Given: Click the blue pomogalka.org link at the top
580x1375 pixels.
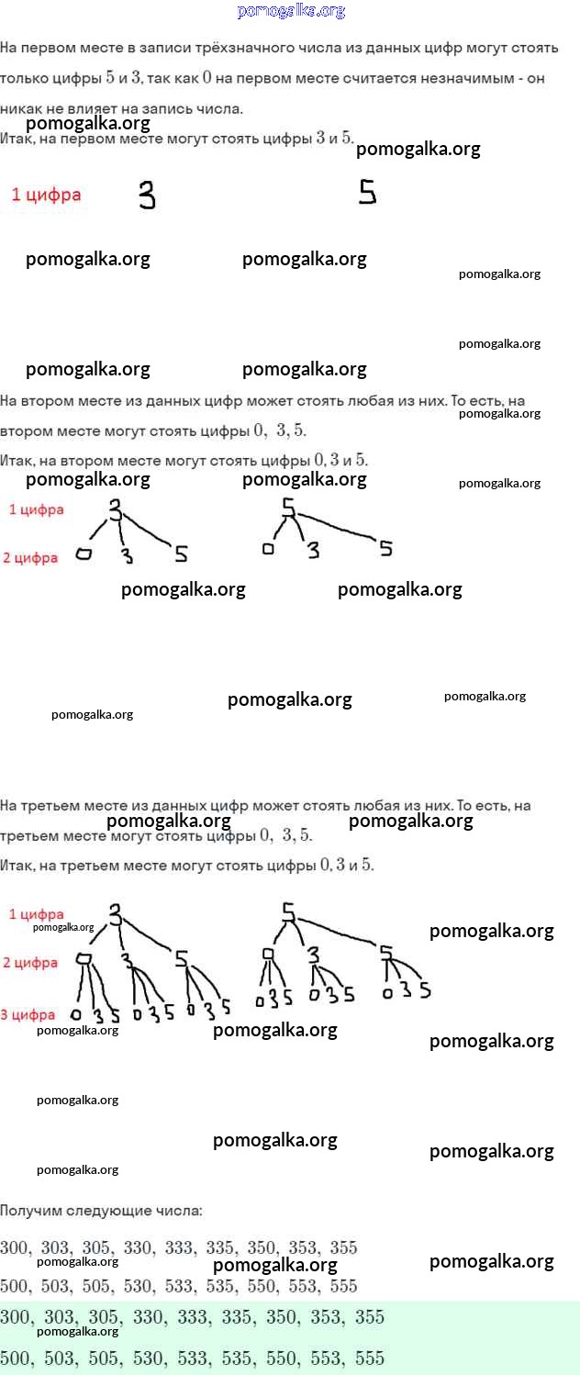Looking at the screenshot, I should [290, 11].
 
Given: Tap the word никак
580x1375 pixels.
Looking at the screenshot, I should [18, 108].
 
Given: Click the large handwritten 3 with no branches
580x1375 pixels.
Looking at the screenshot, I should [147, 195].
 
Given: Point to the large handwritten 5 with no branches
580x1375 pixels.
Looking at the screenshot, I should [367, 192].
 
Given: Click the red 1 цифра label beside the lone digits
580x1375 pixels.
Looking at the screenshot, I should [46, 195].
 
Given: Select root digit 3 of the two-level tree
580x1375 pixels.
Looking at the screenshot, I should [116, 511].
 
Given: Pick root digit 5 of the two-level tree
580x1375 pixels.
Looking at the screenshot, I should [288, 508].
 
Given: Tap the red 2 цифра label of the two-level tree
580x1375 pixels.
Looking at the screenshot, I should [30, 557].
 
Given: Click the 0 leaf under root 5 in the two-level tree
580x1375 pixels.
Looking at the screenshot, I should [268, 549].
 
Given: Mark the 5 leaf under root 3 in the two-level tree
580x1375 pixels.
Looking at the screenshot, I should [181, 553].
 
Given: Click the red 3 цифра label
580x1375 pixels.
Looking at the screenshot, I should [28, 1014].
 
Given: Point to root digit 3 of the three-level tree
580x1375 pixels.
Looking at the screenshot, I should [116, 914].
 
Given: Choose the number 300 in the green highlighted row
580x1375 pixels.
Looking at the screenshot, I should [14, 1317].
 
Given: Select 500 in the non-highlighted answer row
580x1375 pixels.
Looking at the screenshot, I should [14, 1286].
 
